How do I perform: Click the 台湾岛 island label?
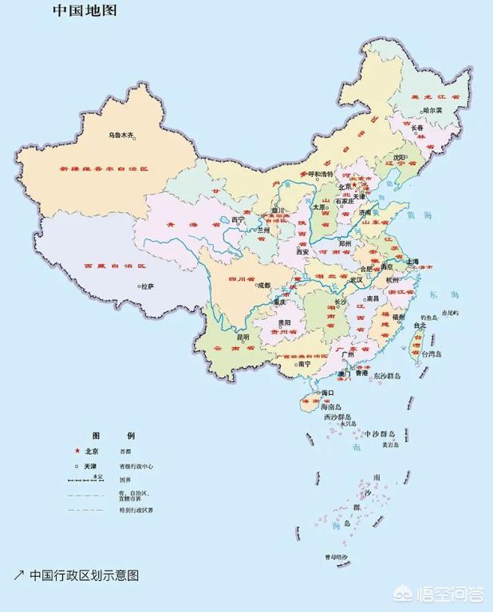[x=434, y=352]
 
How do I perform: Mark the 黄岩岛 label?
[x=389, y=444]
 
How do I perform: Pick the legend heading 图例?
[x=114, y=436]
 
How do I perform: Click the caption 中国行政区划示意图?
[x=84, y=575]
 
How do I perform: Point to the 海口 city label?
[x=325, y=393]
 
